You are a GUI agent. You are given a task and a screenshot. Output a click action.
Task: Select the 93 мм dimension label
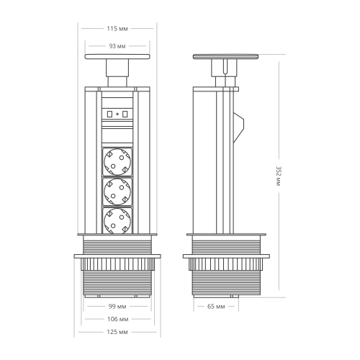pos(117,45)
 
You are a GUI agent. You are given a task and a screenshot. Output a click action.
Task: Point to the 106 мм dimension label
pos(117,319)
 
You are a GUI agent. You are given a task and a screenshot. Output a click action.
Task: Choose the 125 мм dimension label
pos(117,332)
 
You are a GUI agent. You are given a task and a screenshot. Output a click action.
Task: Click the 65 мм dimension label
pos(216,306)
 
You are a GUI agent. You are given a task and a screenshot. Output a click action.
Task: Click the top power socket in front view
pos(117,161)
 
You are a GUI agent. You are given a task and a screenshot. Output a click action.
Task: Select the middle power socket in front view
pos(117,191)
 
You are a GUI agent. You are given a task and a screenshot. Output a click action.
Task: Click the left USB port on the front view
pos(109,113)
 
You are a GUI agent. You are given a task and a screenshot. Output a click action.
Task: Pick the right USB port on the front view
pos(125,113)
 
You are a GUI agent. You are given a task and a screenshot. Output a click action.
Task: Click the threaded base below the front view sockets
pos(117,277)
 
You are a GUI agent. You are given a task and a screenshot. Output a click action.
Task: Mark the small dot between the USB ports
pos(117,113)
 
